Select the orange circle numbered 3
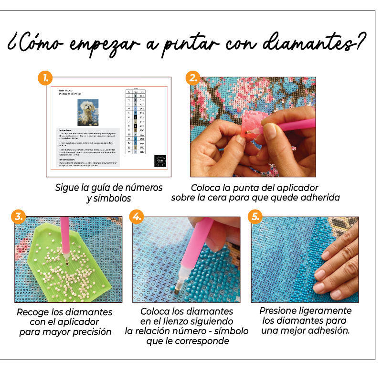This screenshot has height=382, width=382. (x=19, y=216)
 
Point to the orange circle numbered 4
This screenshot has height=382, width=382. (x=137, y=216)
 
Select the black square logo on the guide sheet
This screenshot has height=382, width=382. (x=160, y=161)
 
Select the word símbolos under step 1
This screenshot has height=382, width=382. (x=113, y=198)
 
